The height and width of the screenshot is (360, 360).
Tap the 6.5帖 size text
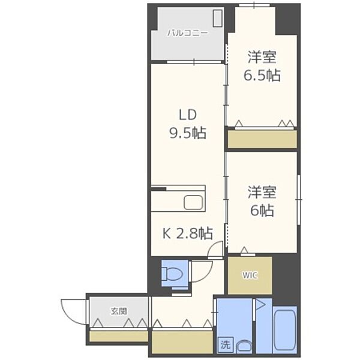[262, 76]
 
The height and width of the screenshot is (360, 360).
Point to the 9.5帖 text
[187, 133]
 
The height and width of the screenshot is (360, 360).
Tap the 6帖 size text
[262, 211]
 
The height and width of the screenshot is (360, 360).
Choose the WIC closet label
[249, 275]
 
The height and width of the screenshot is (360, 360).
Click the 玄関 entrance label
[118, 311]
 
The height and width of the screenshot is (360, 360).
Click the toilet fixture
[173, 275]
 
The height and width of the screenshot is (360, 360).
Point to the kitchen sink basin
[194, 203]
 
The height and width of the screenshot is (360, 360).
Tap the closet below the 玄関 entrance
[118, 335]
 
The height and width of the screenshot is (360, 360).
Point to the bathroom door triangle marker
[260, 305]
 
